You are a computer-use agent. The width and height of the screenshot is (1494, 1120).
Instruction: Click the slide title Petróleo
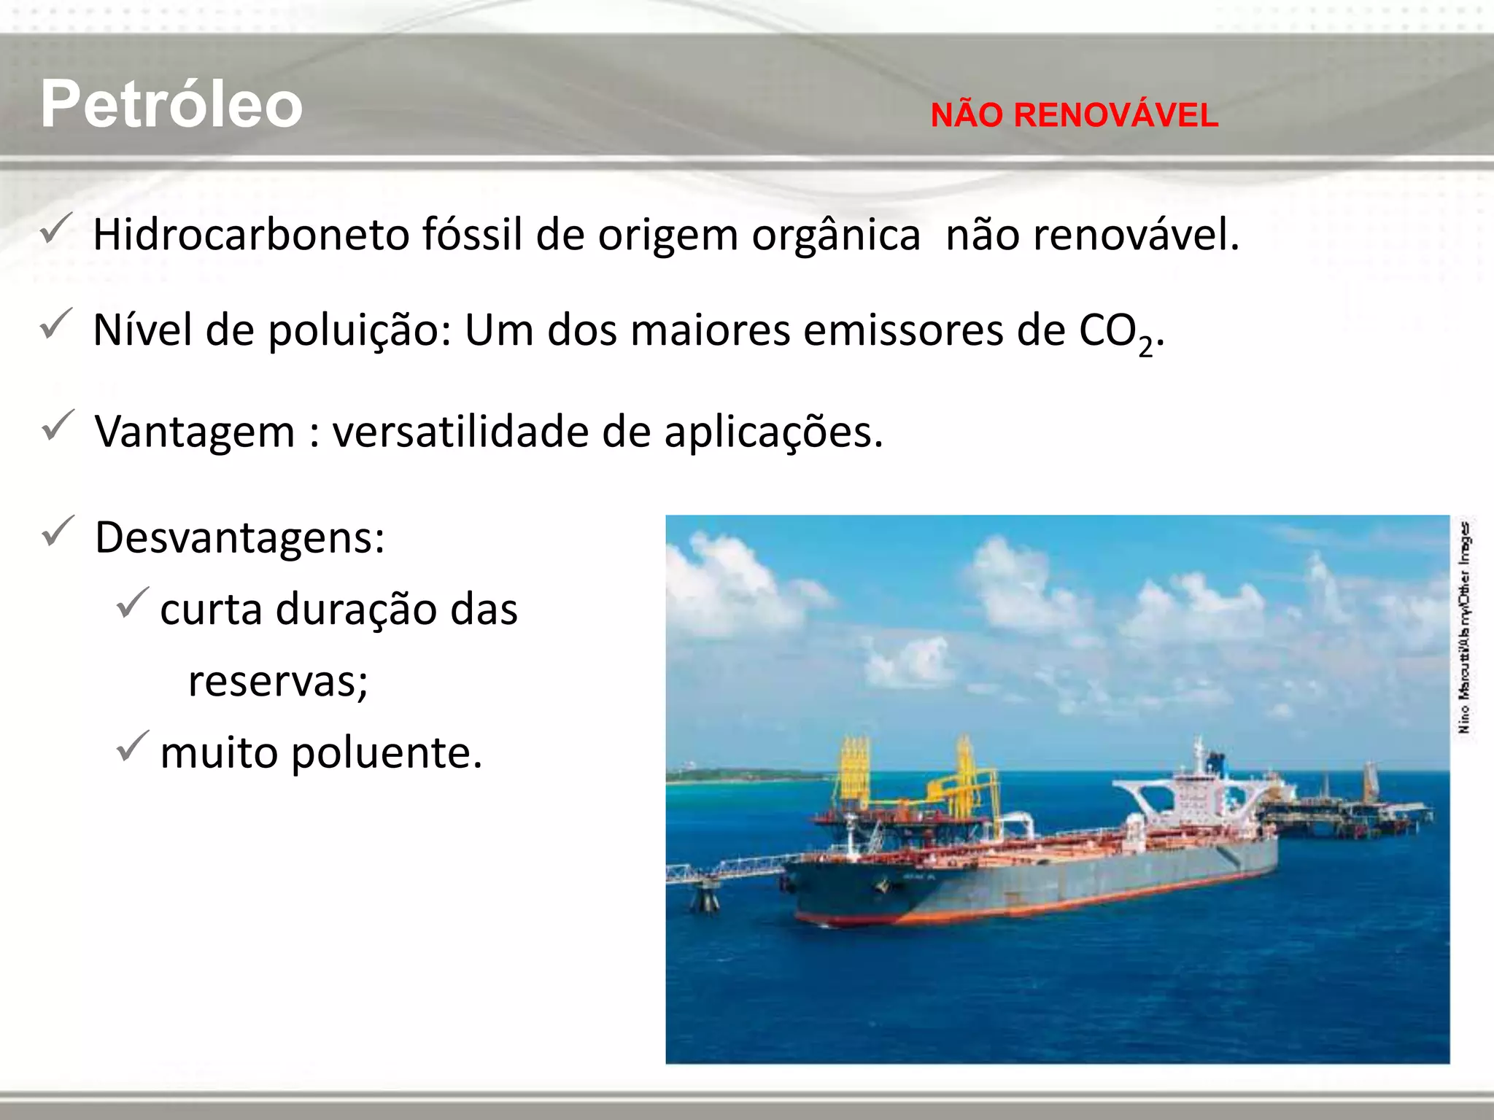pyautogui.click(x=171, y=104)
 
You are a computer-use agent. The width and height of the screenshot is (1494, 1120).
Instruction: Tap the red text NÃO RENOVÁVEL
pyautogui.click(x=1074, y=116)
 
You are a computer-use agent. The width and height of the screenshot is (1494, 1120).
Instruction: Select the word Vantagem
pyautogui.click(x=195, y=432)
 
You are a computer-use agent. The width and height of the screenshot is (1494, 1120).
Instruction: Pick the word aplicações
pyautogui.click(x=773, y=432)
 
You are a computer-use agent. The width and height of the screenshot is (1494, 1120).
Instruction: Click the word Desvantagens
pyautogui.click(x=239, y=538)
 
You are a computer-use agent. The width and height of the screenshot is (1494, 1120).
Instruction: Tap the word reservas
pyautogui.click(x=278, y=682)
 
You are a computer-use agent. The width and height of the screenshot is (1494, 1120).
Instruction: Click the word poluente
pyautogui.click(x=387, y=753)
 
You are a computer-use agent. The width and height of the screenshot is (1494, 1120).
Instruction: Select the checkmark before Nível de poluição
pyautogui.click(x=56, y=324)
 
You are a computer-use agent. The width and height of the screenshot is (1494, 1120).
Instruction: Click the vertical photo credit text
pyautogui.click(x=1464, y=627)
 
